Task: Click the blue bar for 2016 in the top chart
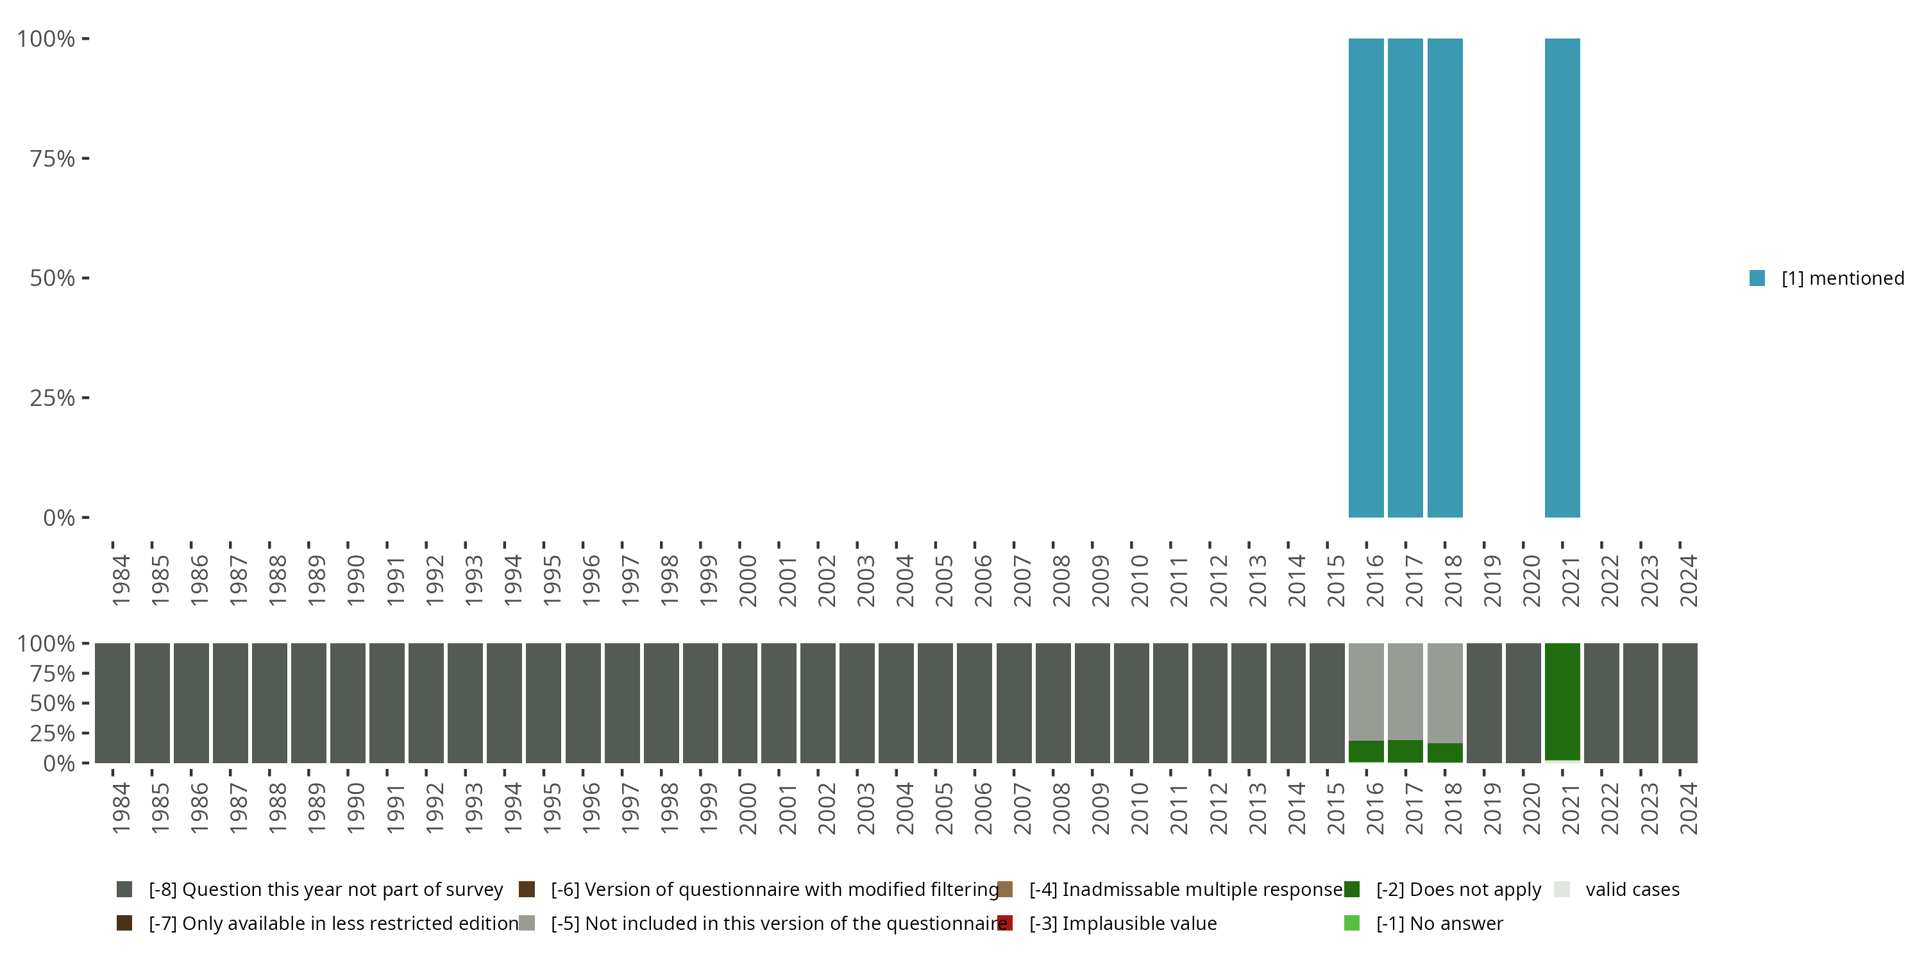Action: coord(1365,278)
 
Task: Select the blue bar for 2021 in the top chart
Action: coord(1562,278)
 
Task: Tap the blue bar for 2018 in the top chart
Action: coord(1444,278)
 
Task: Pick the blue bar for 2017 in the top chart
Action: coord(1405,278)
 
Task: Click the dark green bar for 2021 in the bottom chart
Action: coord(1562,700)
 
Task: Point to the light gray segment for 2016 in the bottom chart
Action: coord(1365,691)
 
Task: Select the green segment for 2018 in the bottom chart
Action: coord(1444,753)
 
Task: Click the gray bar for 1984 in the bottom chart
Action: coord(112,703)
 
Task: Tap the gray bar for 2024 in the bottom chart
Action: coord(1680,703)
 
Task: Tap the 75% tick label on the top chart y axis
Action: coord(53,158)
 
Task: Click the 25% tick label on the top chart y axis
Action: coord(53,398)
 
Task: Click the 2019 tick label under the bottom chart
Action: coord(1492,809)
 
